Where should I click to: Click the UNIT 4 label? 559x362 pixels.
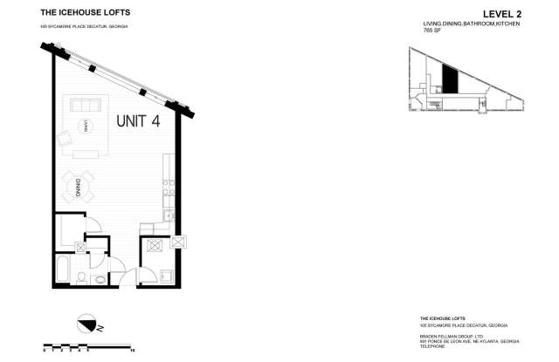click(138, 122)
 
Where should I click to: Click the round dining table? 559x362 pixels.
click(77, 186)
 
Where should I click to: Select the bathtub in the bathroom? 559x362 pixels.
click(64, 270)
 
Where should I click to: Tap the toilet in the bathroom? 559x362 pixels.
click(79, 278)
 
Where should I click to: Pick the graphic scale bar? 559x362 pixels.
click(88, 345)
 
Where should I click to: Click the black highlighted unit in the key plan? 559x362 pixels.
click(449, 80)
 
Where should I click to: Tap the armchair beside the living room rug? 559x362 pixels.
click(65, 139)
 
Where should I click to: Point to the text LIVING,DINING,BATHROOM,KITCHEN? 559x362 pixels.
click(453, 24)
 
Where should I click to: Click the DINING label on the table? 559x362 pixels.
click(78, 186)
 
